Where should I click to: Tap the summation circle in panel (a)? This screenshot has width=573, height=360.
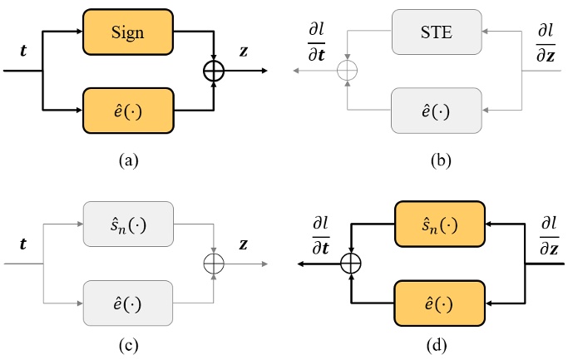[x=215, y=72]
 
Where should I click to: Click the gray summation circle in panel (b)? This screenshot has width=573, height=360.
[x=348, y=72]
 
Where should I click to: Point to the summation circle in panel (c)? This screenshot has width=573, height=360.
[x=215, y=264]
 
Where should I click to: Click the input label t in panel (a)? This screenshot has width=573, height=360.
[x=22, y=49]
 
